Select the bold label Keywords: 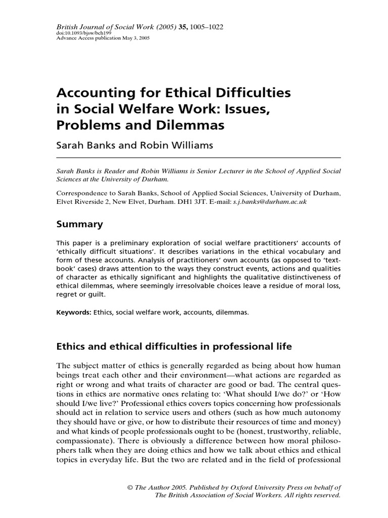(x=74, y=313)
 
